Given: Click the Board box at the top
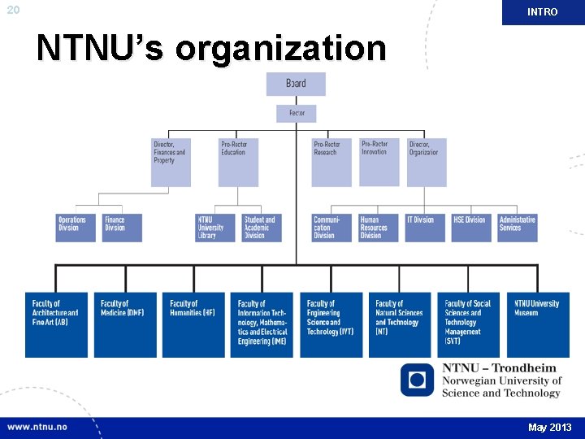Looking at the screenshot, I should (x=296, y=84).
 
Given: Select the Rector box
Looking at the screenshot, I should (x=296, y=114).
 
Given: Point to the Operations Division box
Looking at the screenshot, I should (x=76, y=228).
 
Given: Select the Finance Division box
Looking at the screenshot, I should (x=122, y=228).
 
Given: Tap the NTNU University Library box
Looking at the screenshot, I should (x=215, y=228).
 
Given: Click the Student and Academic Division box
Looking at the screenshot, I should (x=262, y=228).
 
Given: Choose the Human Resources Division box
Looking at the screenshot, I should (x=379, y=228).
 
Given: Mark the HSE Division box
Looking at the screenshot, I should (x=472, y=228).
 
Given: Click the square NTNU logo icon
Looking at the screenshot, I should (x=418, y=380).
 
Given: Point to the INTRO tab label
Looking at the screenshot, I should (x=543, y=12).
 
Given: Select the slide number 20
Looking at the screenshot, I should (x=12, y=10).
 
